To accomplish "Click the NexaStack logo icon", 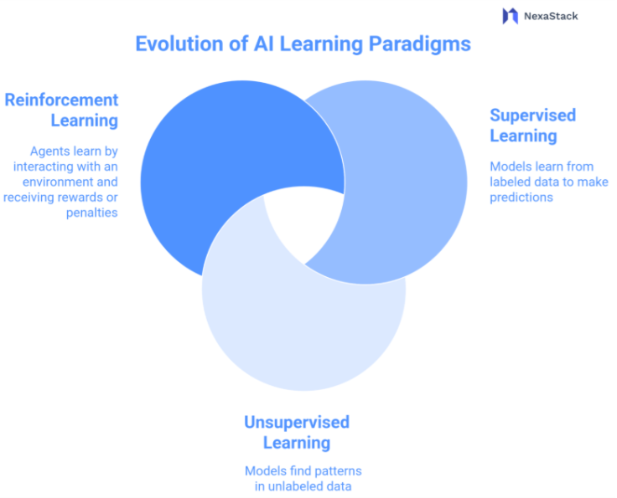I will (510, 16).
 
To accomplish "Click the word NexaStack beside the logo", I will (551, 16).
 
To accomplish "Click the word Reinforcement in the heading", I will (62, 100).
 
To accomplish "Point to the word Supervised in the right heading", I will (533, 115).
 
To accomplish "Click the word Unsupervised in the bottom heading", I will (297, 422).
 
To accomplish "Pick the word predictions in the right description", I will (521, 198).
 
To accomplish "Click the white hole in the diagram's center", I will (304, 221).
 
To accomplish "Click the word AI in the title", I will (259, 44).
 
